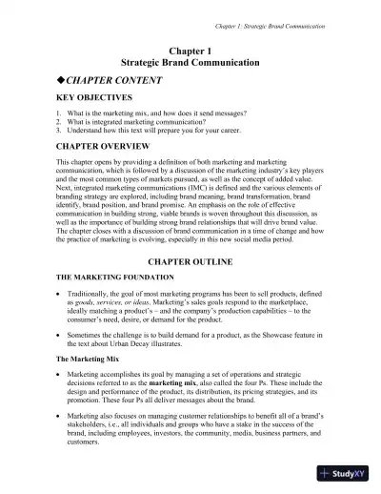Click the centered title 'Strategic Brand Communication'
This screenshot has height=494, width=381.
point(190,62)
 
